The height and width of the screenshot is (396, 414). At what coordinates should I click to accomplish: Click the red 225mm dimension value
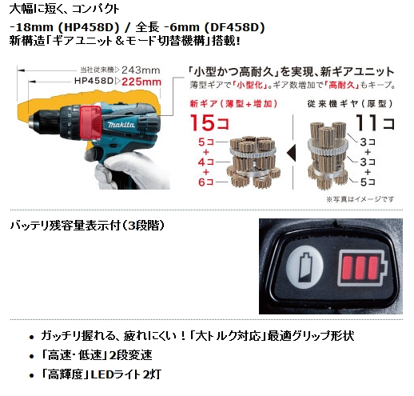141,82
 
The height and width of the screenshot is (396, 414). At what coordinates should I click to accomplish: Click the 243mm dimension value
141,70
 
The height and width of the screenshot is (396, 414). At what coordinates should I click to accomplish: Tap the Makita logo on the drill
121,125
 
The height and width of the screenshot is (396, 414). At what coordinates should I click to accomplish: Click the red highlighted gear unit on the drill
90,123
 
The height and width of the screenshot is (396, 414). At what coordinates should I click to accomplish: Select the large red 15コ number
209,122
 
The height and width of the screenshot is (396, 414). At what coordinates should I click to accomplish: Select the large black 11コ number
375,122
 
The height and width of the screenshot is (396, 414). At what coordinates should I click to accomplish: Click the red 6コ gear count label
206,182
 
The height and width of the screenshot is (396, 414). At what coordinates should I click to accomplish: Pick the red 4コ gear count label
206,162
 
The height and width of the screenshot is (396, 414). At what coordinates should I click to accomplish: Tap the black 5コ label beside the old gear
368,182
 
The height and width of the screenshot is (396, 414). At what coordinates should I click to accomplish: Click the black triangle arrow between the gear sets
291,153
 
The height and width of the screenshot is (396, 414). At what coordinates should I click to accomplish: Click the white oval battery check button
305,267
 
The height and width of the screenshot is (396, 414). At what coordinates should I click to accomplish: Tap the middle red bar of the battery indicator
360,268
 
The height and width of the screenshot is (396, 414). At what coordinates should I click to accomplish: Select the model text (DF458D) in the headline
234,27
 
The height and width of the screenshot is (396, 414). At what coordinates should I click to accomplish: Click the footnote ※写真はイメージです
360,199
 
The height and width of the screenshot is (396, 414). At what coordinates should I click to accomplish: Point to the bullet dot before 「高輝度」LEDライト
32,375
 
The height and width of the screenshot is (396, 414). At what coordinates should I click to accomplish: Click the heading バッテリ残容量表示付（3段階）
87,226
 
